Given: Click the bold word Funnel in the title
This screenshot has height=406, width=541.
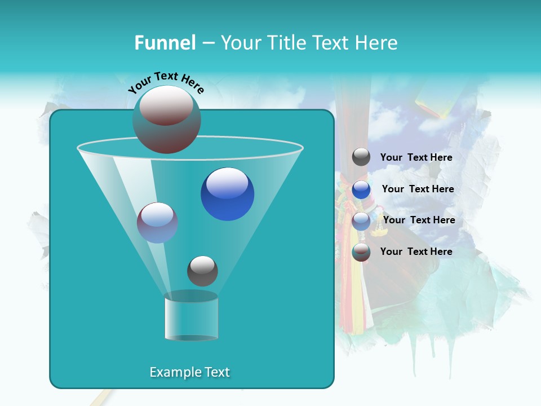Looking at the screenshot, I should [x=165, y=43].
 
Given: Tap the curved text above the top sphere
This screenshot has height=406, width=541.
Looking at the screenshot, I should [x=166, y=81].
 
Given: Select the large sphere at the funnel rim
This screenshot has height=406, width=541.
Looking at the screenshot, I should [x=167, y=119].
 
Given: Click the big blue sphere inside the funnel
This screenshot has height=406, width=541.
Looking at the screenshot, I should [x=227, y=194].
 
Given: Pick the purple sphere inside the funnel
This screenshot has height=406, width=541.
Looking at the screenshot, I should [x=158, y=223].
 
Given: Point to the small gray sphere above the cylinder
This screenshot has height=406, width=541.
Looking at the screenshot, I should [x=202, y=271].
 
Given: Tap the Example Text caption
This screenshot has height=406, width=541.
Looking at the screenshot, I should [x=189, y=372].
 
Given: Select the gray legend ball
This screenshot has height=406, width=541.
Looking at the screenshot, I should [x=361, y=157].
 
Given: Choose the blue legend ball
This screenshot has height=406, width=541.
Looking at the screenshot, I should [x=361, y=189].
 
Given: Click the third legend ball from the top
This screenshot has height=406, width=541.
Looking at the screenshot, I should [x=361, y=220].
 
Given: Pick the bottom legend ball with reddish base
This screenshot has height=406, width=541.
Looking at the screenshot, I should [x=361, y=252].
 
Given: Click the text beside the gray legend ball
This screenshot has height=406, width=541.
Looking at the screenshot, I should [x=416, y=157].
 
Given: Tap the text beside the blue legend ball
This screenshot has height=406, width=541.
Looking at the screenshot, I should [x=418, y=189].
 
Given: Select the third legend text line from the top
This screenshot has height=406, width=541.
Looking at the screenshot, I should [x=419, y=220].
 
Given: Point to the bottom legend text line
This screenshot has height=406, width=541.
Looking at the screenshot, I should [x=416, y=251].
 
